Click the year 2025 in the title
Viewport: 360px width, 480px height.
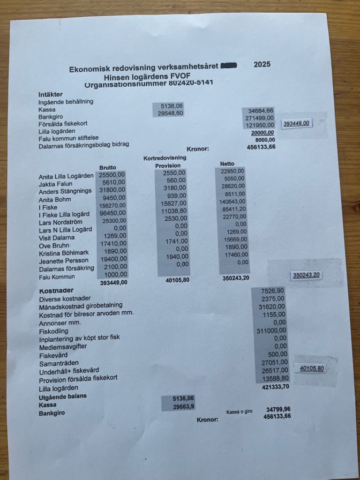click(262, 65)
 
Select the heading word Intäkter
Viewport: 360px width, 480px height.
click(51, 94)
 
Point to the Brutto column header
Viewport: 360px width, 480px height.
click(108, 167)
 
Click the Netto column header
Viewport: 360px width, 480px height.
click(227, 163)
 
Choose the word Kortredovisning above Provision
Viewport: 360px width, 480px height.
click(165, 158)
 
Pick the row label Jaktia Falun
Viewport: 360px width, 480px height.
click(55, 184)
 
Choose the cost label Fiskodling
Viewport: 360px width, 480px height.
click(52, 330)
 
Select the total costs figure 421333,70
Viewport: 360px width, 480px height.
click(273, 387)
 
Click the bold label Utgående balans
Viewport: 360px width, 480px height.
click(62, 396)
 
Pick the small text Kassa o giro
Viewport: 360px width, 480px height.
click(239, 412)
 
